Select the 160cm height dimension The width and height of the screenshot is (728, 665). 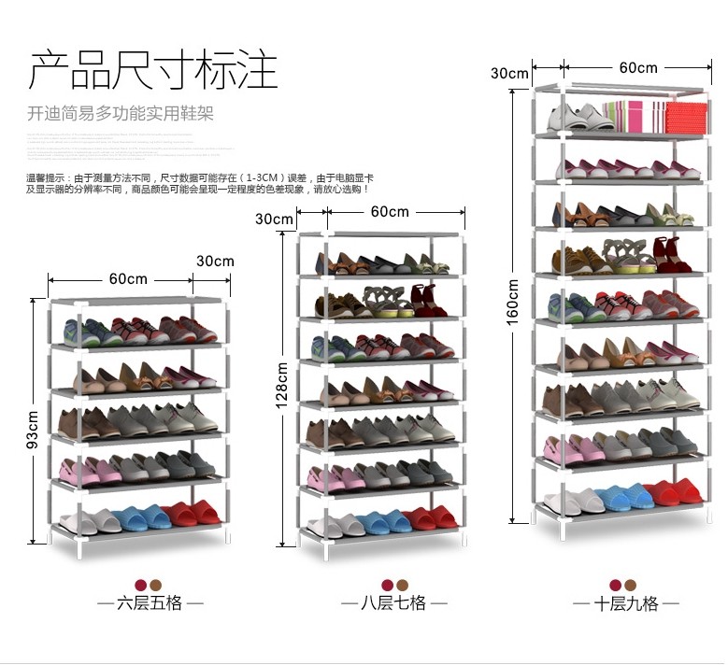512,303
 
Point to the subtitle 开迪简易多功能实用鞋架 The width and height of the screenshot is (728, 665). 120,114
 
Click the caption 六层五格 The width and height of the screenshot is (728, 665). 150,603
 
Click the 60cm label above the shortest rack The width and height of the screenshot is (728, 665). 128,278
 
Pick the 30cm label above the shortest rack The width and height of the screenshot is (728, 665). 215,261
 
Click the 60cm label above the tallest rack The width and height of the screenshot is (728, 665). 638,67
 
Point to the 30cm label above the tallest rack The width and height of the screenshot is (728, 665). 509,73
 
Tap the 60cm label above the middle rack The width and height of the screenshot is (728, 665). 390,211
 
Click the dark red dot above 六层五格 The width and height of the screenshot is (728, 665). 140,584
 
